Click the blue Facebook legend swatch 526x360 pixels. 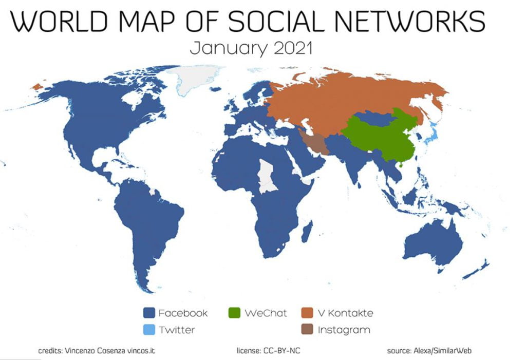click(x=148, y=313)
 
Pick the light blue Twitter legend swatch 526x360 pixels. click(x=148, y=329)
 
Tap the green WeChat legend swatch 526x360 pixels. click(x=234, y=313)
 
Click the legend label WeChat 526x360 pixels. click(x=266, y=313)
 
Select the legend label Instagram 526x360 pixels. click(x=344, y=329)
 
